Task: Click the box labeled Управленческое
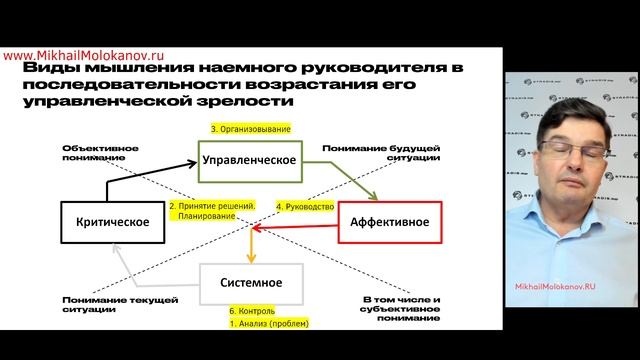(248, 160)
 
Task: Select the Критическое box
(111, 222)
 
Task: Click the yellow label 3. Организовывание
(249, 130)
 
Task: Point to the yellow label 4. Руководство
(303, 207)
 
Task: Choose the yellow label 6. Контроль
(249, 311)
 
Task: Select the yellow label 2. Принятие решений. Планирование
(213, 211)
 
